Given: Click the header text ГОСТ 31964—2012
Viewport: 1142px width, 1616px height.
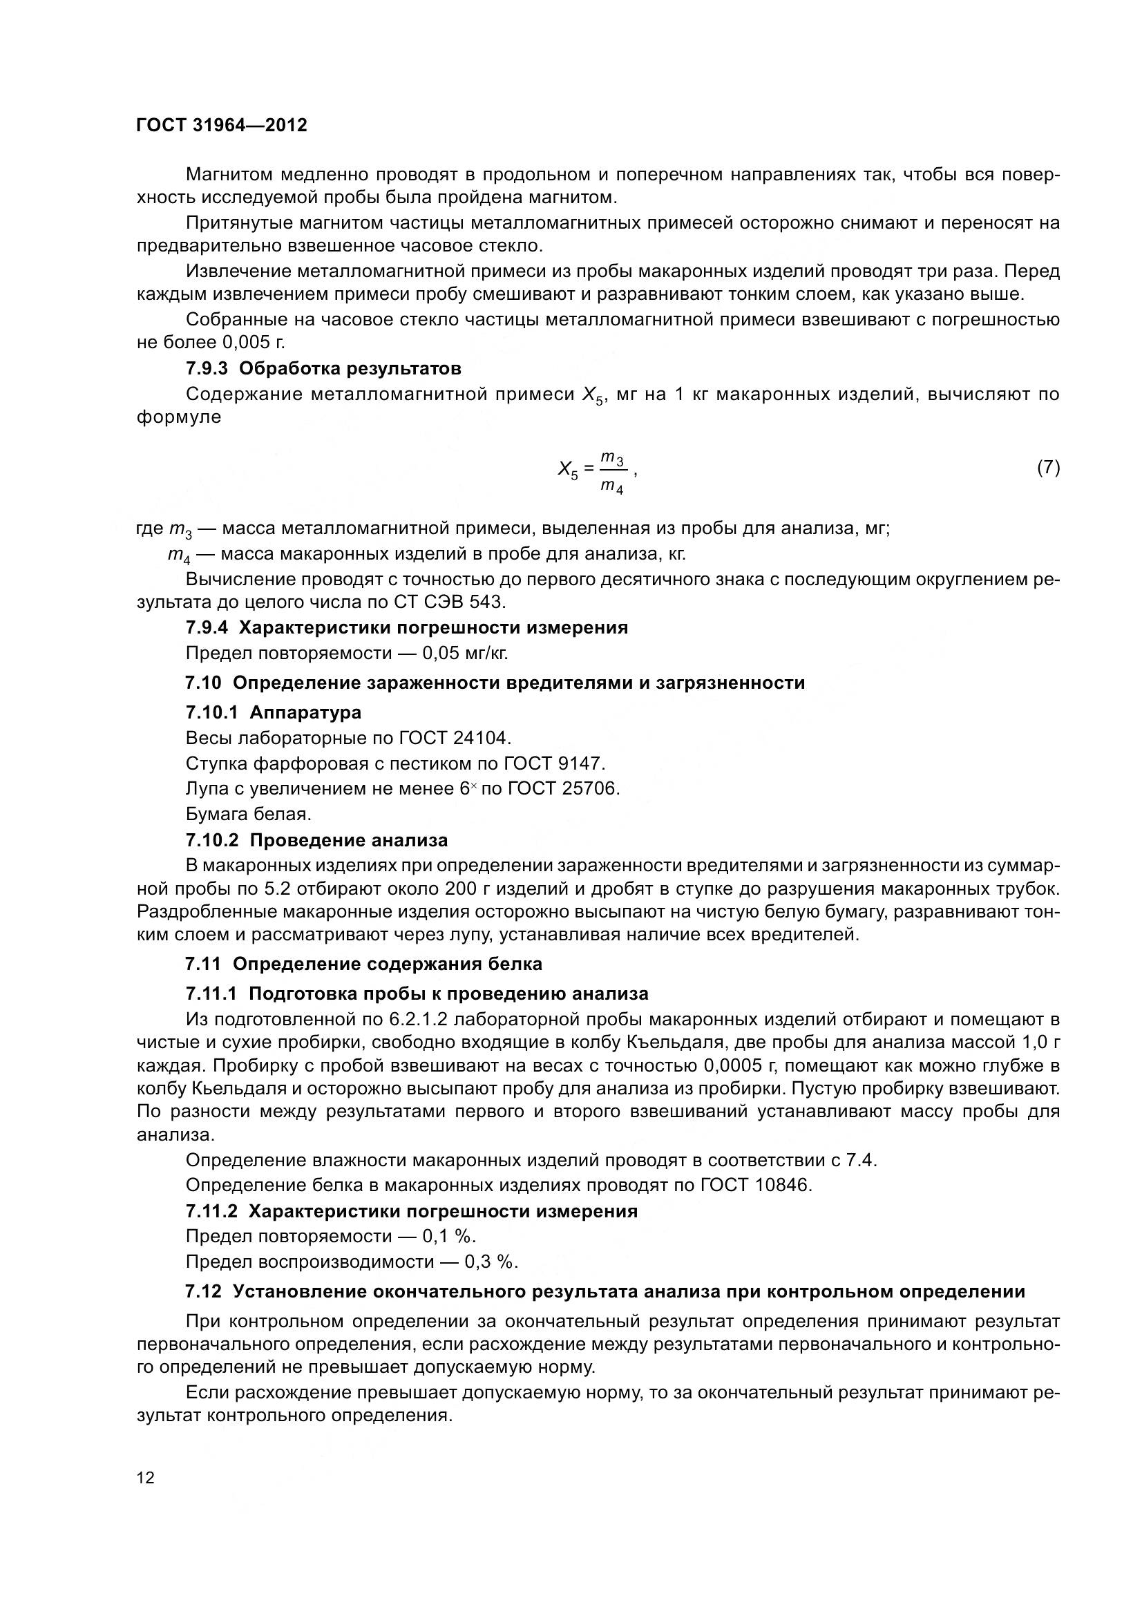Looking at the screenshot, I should click(x=222, y=126).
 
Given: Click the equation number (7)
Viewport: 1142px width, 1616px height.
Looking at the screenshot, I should click(x=1049, y=466).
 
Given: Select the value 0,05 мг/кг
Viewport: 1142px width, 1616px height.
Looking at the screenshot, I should click(x=464, y=653).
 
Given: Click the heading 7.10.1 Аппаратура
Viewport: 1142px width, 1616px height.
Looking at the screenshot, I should click(x=274, y=712).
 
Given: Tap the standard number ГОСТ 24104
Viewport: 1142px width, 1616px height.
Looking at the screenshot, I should click(x=455, y=738).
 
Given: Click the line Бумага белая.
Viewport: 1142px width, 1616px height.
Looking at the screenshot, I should click(x=248, y=815).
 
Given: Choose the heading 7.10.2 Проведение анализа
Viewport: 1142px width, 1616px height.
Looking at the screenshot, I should click(x=316, y=840).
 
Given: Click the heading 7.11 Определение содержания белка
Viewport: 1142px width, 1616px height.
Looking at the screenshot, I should click(x=364, y=964).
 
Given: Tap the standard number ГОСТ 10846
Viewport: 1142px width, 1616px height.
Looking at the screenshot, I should click(x=756, y=1186).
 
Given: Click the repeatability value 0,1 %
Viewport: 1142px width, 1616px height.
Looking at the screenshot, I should click(x=449, y=1236).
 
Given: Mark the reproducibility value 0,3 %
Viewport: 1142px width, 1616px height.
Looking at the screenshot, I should click(x=491, y=1262).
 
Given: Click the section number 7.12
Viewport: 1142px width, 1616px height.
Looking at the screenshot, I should click(x=203, y=1291).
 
